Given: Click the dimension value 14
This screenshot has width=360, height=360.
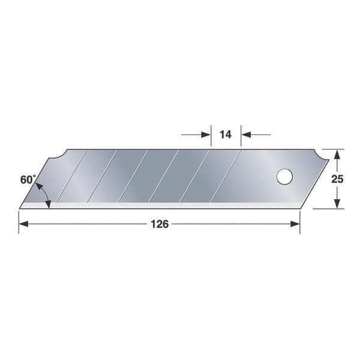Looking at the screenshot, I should pyautogui.click(x=226, y=134).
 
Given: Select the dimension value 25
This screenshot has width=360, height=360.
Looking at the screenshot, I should pyautogui.click(x=338, y=178).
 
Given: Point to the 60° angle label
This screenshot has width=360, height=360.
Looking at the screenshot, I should pyautogui.click(x=28, y=179).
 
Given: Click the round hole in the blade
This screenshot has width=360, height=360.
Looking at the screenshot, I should pyautogui.click(x=284, y=177).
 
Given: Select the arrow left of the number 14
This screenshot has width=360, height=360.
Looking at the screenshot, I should pyautogui.click(x=205, y=134).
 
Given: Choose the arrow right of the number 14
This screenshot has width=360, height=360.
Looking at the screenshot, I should pyautogui.click(x=247, y=134).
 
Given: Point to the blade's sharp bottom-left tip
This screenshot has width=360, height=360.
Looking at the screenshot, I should pyautogui.click(x=21, y=208).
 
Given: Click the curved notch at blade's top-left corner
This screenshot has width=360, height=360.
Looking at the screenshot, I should pyautogui.click(x=58, y=155).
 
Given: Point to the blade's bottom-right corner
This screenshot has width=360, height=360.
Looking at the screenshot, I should pyautogui.click(x=298, y=208).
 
